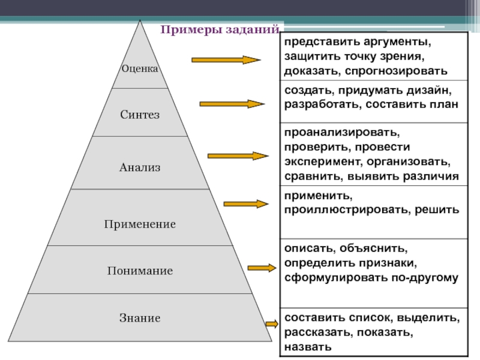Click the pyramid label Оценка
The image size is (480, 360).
tap(140, 69)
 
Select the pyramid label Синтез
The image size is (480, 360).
tap(140, 114)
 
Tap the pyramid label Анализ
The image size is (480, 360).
tap(140, 167)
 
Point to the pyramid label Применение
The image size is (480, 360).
tap(140, 224)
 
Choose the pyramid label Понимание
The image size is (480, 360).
tap(140, 271)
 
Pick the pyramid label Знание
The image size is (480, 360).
tap(140, 318)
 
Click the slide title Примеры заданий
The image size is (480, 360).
tap(219, 30)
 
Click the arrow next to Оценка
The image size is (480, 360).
tap(225, 60)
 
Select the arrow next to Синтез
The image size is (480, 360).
tap(232, 104)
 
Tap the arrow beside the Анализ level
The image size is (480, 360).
tap(238, 156)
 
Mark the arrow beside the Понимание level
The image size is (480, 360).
tap(260, 267)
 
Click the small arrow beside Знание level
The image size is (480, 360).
tap(271, 325)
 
